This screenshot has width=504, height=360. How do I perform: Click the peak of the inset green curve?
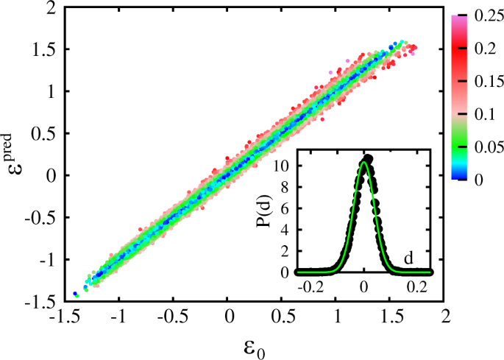[364, 163]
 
